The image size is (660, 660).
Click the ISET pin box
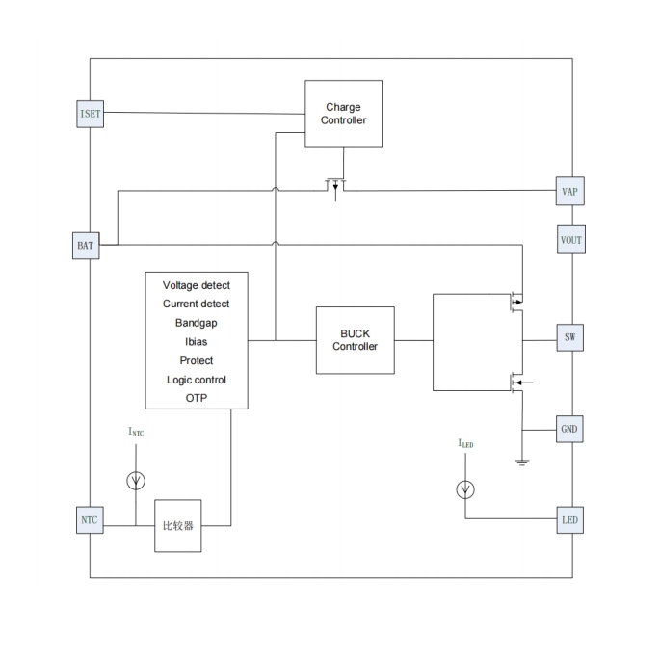tap(89, 114)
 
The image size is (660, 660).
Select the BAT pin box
tap(86, 246)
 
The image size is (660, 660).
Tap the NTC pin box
tap(89, 520)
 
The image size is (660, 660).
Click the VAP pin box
tap(570, 192)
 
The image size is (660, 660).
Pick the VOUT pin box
tap(570, 240)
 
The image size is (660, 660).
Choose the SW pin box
tap(570, 338)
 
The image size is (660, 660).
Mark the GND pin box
tap(570, 429)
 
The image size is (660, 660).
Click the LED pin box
tap(570, 520)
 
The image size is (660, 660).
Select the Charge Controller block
tap(343, 114)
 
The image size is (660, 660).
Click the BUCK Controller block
tap(355, 340)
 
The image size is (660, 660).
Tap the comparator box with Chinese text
tap(178, 526)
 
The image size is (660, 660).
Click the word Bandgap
tap(197, 323)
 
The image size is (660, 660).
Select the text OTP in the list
tap(197, 398)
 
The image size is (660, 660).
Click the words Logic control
tap(197, 380)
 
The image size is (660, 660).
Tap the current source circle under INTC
tap(137, 479)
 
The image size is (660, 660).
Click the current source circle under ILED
tap(465, 489)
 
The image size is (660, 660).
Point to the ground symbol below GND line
tap(522, 462)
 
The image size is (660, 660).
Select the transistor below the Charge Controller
tap(335, 184)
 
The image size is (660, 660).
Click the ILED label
tap(465, 444)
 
